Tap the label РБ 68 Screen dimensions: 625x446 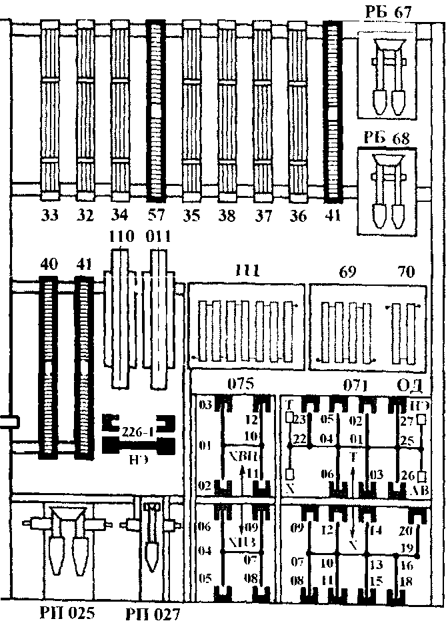pos(388,139)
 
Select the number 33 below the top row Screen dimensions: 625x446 pos(50,215)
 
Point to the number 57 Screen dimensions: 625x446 pos(155,215)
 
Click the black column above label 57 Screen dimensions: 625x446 pos(155,110)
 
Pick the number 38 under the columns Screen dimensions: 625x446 pos(227,215)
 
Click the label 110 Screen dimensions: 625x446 pos(120,237)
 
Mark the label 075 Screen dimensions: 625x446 pos(240,384)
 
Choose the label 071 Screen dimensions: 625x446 pos(357,384)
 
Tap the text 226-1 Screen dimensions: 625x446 pos(139,431)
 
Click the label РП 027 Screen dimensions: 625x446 pos(152,612)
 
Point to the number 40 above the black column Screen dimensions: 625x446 pos(48,263)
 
